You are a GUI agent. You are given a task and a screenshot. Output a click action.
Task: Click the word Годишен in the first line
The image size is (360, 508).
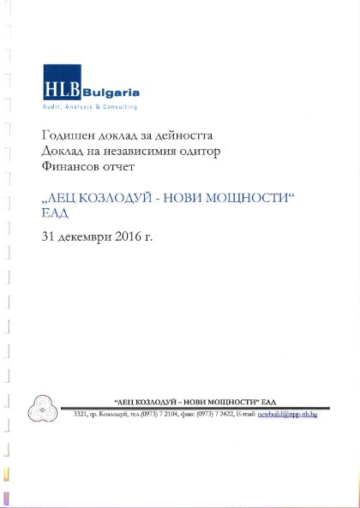[x=65, y=136]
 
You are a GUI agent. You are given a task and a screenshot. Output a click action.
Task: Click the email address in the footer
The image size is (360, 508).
[x=287, y=415]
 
